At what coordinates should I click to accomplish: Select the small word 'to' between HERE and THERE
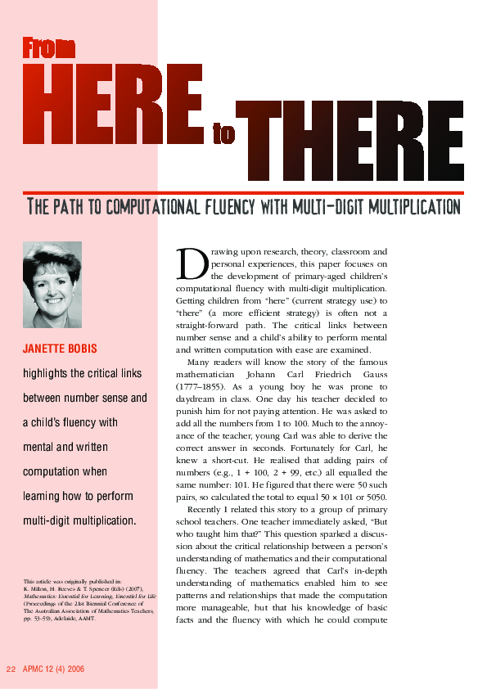tap(223, 135)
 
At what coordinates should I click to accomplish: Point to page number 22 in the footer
tap(11, 669)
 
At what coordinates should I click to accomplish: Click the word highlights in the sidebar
tap(47, 374)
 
